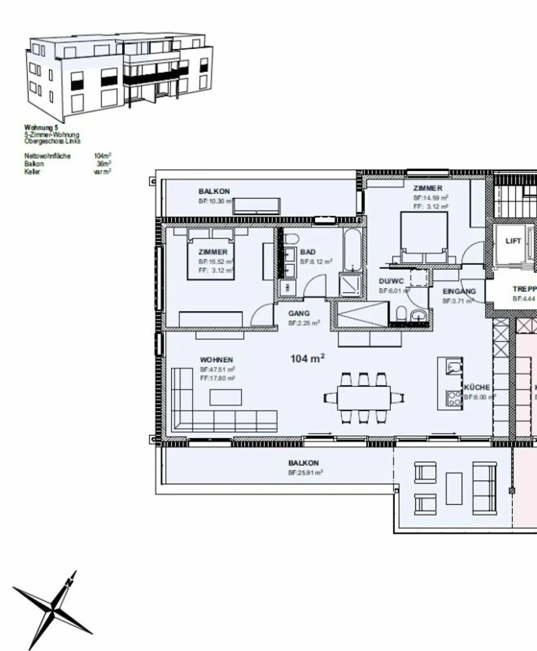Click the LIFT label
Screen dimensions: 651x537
513,241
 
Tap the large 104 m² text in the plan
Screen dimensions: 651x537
307,359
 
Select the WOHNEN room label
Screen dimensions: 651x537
216,360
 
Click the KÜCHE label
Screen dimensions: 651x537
477,388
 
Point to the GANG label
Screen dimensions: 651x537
299,313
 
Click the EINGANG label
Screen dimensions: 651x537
459,291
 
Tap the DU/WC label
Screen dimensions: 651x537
391,281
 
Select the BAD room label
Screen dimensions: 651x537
308,252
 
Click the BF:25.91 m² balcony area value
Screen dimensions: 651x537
305,472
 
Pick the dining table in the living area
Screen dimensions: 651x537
364,398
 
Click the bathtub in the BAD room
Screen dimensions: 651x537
352,250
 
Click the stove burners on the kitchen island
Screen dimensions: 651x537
454,398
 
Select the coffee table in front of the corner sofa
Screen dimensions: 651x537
225,397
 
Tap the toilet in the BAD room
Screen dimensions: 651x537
291,239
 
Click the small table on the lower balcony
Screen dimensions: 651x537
454,489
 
